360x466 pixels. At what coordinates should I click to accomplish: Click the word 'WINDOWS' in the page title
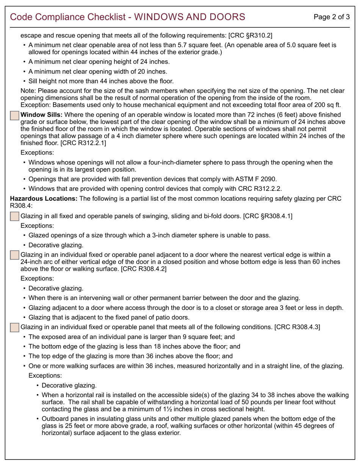tap(162, 17)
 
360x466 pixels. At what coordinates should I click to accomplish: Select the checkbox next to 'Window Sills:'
tap(14, 116)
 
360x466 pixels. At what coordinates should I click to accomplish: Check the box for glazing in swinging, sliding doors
tap(14, 217)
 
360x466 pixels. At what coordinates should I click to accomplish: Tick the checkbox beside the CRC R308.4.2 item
tap(14, 255)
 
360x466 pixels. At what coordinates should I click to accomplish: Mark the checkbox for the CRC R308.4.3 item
tap(14, 327)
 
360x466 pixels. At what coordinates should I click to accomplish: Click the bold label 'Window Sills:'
tap(41, 115)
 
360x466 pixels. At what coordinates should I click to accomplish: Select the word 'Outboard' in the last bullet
tap(55, 419)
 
